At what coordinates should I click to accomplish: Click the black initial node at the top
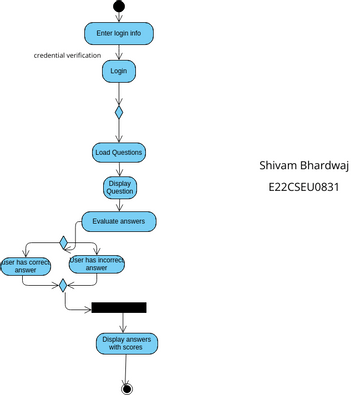tap(119, 7)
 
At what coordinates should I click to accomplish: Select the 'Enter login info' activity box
tap(118, 34)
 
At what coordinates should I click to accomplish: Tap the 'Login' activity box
tap(118, 72)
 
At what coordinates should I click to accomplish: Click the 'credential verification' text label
tap(67, 55)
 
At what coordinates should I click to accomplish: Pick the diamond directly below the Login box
tap(118, 112)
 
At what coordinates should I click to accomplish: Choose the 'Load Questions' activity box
tap(118, 152)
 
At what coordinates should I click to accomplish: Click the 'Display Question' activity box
tap(119, 188)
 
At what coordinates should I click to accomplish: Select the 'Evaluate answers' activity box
tap(118, 221)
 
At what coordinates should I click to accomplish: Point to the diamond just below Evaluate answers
tap(63, 242)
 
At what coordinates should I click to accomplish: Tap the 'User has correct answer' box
tap(26, 264)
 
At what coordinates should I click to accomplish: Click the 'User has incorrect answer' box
tap(96, 264)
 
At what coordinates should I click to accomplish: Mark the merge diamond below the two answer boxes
tap(63, 285)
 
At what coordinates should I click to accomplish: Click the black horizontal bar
tap(119, 307)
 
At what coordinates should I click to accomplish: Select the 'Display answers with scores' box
tap(126, 344)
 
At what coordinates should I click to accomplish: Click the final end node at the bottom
tap(126, 388)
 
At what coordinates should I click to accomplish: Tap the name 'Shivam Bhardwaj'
tap(303, 165)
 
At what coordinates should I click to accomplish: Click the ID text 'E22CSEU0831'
tap(304, 186)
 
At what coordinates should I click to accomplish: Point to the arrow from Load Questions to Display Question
tap(119, 169)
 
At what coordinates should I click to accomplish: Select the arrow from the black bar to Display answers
tap(123, 323)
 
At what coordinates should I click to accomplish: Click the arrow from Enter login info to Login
tap(118, 53)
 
